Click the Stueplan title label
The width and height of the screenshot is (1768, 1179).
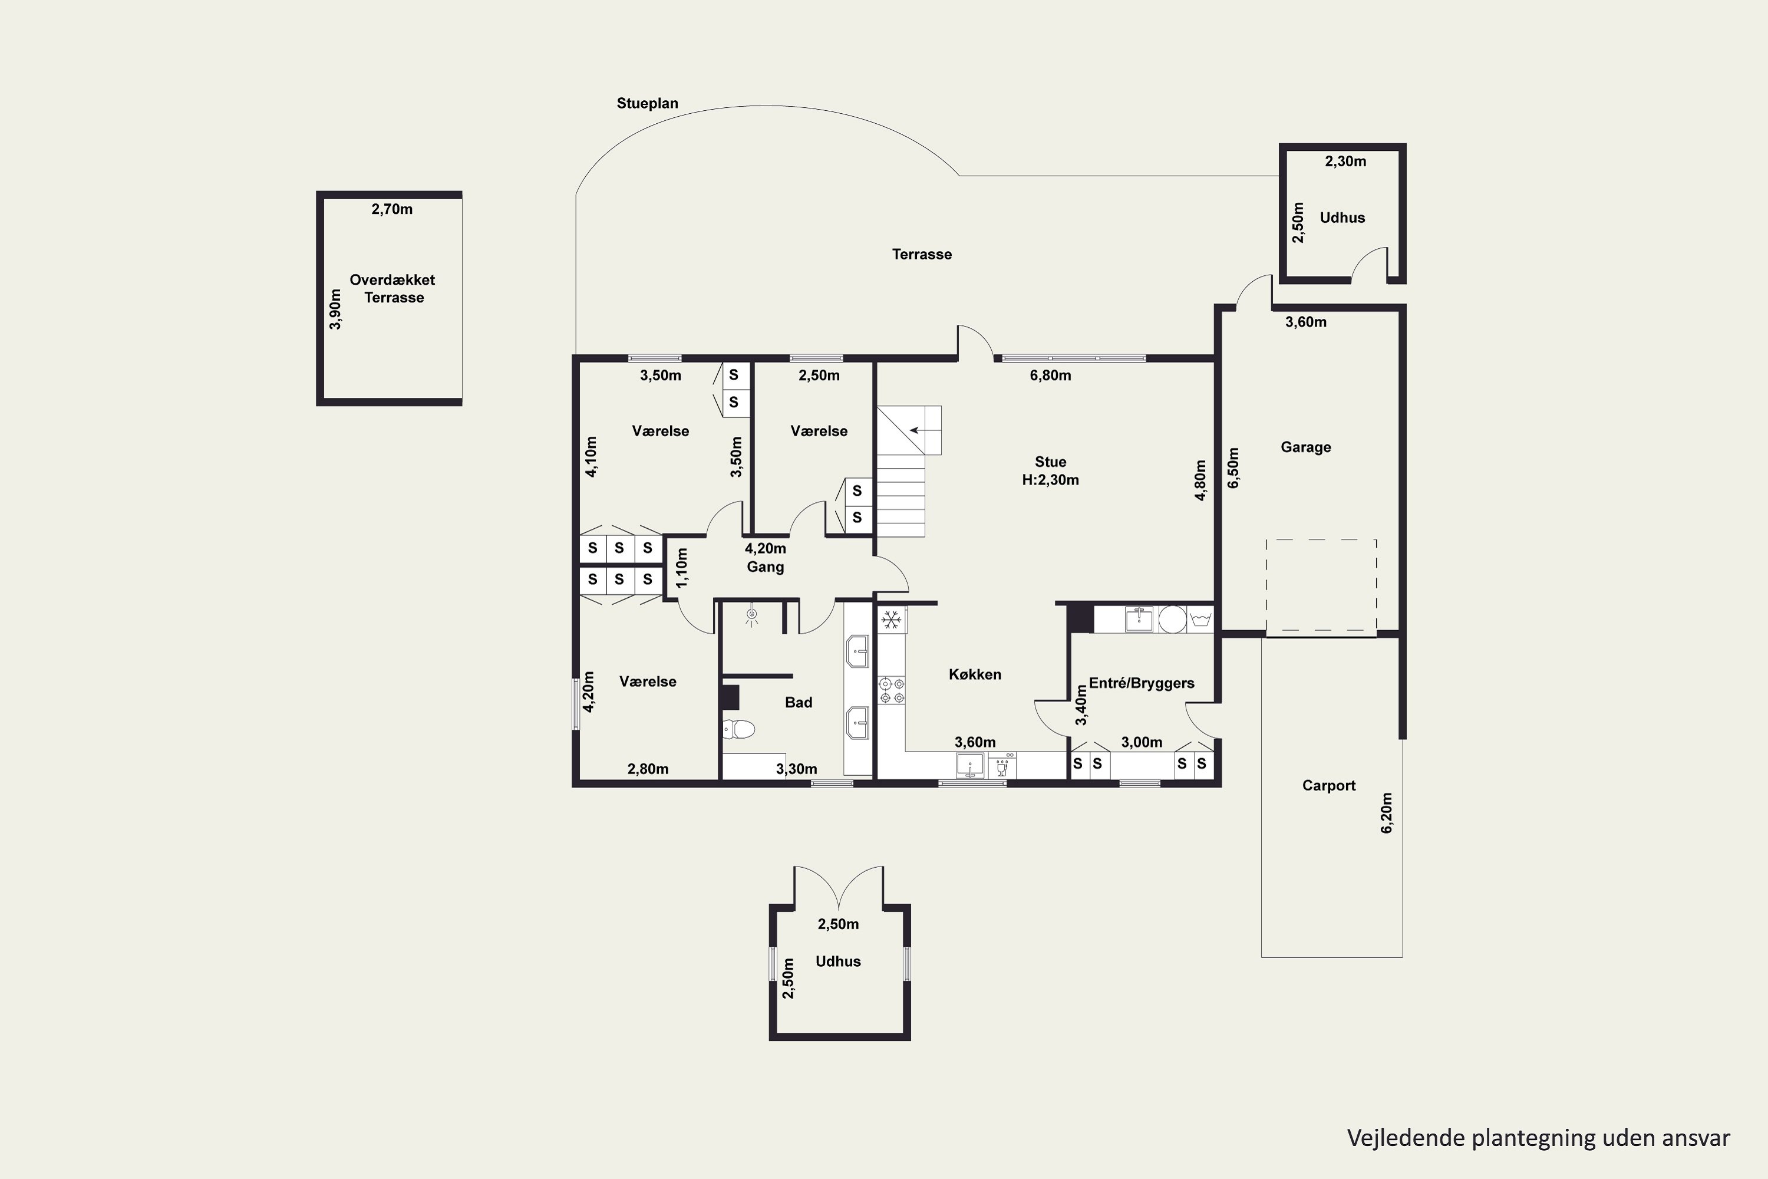pyautogui.click(x=647, y=103)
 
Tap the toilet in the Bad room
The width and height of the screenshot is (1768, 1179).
pyautogui.click(x=738, y=729)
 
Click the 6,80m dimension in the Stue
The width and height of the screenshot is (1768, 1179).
pyautogui.click(x=1050, y=375)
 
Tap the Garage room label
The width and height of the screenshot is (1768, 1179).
pyautogui.click(x=1306, y=447)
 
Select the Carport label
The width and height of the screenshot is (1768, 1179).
pyautogui.click(x=1329, y=785)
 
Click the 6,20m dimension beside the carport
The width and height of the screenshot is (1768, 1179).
pyautogui.click(x=1387, y=813)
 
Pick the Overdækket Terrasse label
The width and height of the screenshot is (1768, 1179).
pyautogui.click(x=392, y=289)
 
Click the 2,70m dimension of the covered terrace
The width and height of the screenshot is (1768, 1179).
pyautogui.click(x=392, y=209)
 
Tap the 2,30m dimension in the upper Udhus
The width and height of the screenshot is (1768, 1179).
pyautogui.click(x=1345, y=161)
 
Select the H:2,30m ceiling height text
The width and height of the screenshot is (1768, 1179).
pyautogui.click(x=1050, y=480)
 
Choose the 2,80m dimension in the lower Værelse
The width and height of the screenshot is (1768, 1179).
pyautogui.click(x=648, y=769)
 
